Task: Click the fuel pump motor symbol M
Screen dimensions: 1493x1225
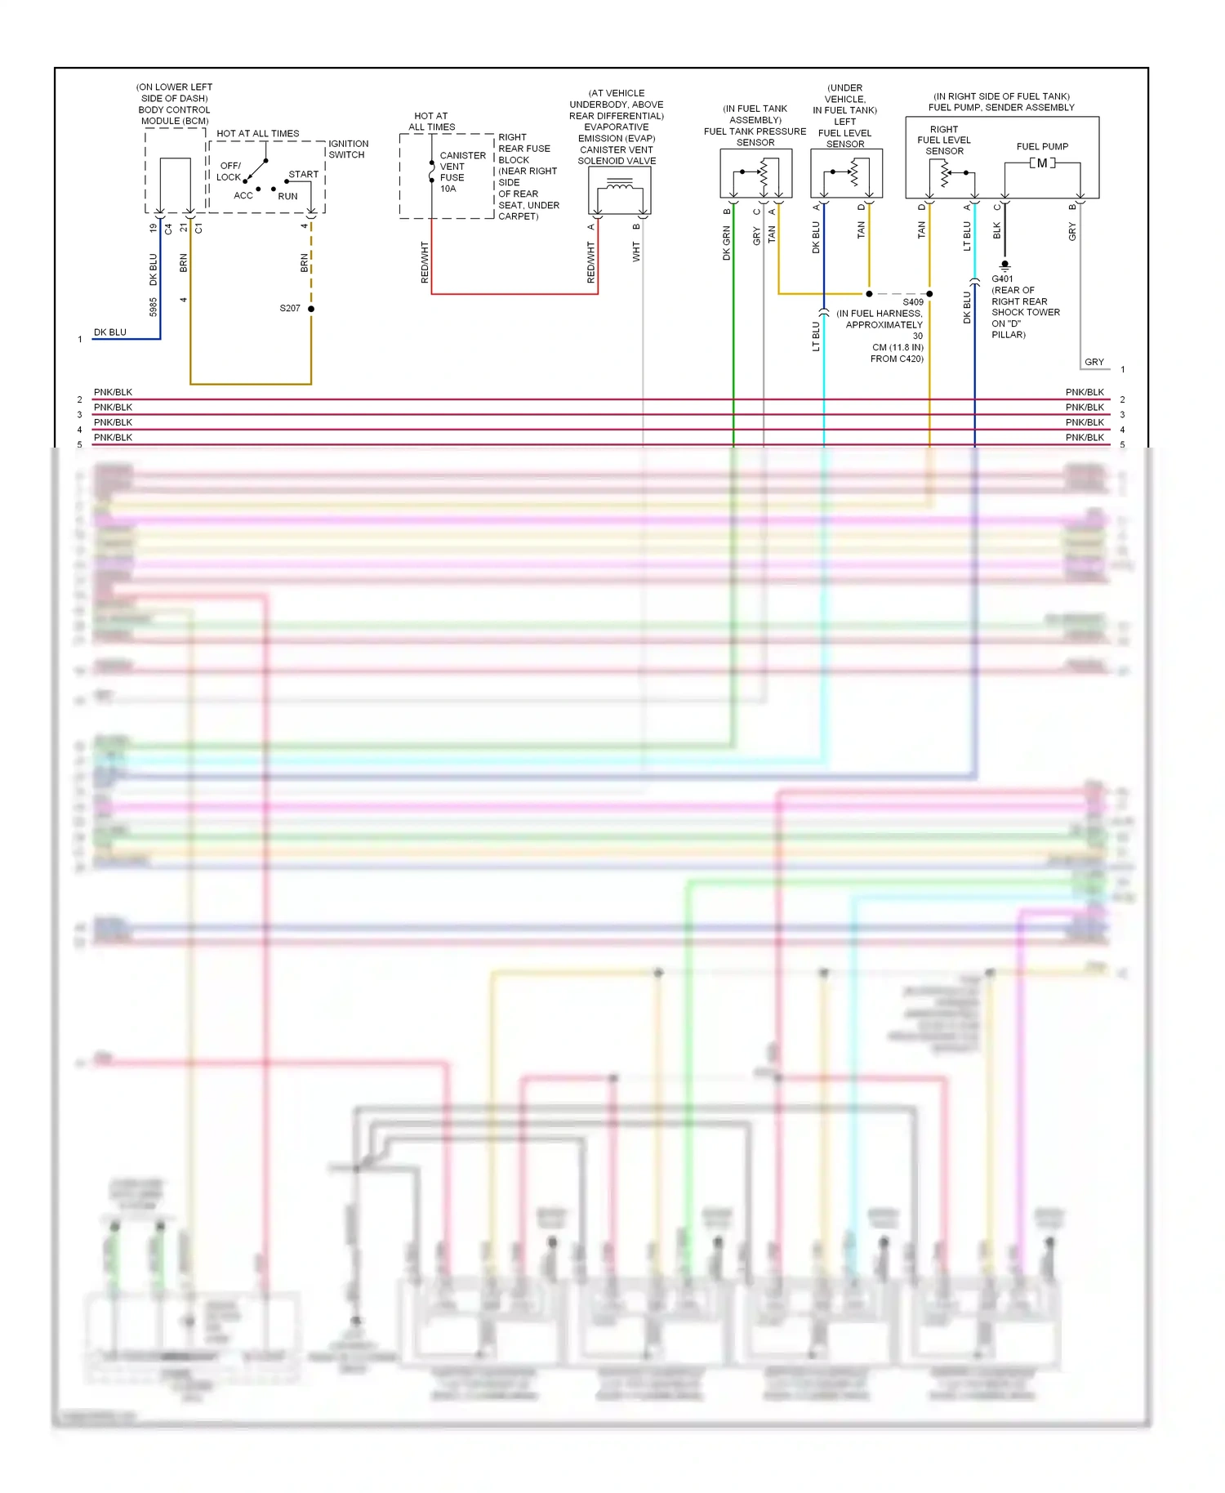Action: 1042,163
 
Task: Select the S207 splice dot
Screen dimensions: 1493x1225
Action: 311,309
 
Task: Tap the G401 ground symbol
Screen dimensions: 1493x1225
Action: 1004,265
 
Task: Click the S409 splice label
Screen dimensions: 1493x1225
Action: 913,302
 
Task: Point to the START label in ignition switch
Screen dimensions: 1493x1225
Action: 303,174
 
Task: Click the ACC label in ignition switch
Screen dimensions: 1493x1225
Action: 243,195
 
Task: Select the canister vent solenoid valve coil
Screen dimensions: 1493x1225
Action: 620,187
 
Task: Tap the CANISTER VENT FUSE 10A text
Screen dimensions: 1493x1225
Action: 461,172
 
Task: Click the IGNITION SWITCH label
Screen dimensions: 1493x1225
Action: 348,149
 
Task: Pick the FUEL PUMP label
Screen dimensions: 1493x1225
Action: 1042,146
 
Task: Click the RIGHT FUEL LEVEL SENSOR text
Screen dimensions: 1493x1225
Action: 944,140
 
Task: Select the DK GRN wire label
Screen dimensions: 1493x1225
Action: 726,243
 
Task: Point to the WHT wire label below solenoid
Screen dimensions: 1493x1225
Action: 636,252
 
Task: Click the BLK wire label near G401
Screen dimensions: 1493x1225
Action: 996,231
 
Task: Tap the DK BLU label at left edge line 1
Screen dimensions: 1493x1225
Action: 110,332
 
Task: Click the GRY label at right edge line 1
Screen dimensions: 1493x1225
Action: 1094,362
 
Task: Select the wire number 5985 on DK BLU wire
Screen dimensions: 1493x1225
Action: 153,307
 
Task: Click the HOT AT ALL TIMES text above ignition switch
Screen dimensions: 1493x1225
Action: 258,133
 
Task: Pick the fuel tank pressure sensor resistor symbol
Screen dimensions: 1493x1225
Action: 764,172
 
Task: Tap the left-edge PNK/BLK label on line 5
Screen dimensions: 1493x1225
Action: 113,437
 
